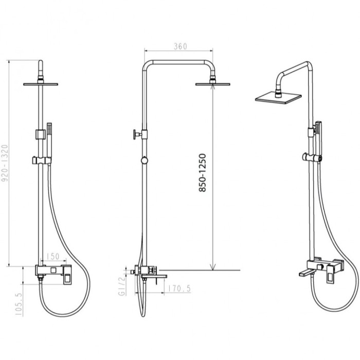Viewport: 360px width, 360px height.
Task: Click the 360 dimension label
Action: (x=180, y=46)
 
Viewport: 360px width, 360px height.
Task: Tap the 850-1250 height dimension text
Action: (x=202, y=173)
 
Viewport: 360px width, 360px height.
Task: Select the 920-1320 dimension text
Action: (x=5, y=163)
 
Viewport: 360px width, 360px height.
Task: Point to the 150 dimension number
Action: (x=53, y=257)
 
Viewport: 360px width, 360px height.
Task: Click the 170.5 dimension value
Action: (x=179, y=289)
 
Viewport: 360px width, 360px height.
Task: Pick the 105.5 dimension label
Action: (x=20, y=304)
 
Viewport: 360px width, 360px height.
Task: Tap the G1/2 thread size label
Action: (x=122, y=285)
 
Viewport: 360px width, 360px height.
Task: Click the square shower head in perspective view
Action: (x=278, y=99)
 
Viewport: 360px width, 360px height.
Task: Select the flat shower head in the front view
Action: (x=41, y=84)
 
